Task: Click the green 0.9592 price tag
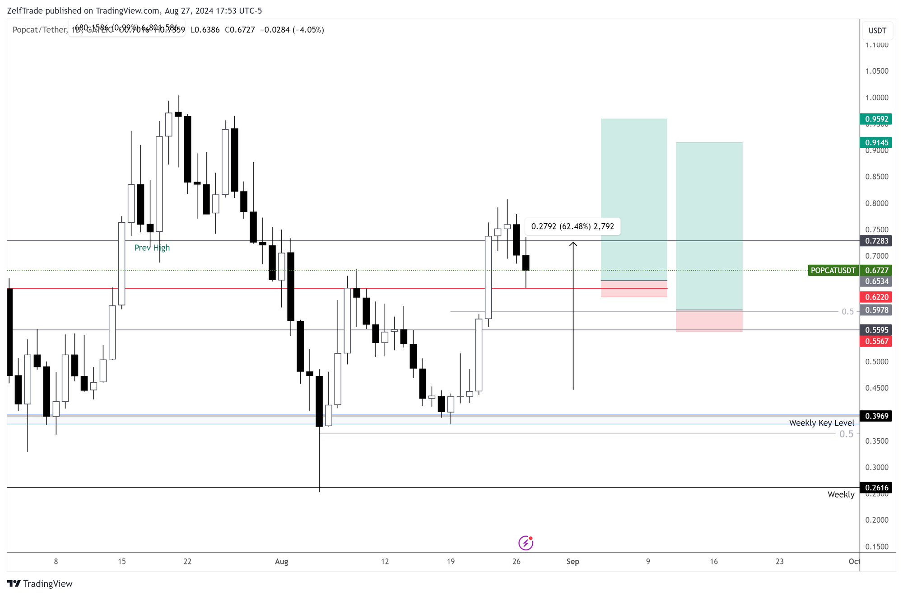[876, 119]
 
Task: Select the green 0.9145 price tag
[876, 143]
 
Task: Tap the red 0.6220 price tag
[876, 297]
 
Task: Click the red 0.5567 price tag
[876, 342]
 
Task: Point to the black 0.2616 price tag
[876, 488]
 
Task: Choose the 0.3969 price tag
[876, 416]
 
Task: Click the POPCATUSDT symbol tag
[833, 271]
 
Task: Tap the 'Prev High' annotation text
[152, 248]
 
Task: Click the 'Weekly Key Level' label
[821, 423]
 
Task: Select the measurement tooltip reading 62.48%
[573, 226]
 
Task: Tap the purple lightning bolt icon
[526, 543]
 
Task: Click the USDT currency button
[877, 31]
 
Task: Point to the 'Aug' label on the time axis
[281, 562]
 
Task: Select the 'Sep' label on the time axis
[573, 562]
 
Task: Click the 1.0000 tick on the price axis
[876, 98]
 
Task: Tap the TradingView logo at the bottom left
[40, 584]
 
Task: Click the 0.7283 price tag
[876, 241]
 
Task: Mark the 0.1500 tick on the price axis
[876, 547]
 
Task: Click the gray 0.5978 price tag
[876, 310]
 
